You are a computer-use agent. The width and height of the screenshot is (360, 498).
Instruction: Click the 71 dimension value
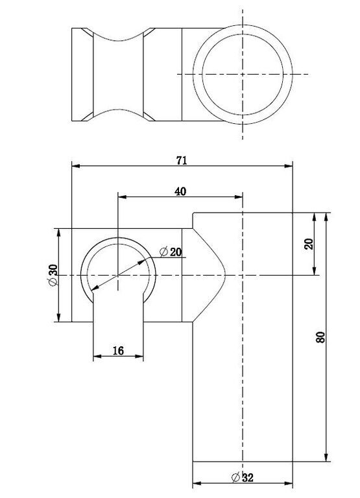182,161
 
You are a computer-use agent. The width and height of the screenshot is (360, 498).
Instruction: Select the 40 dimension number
180,191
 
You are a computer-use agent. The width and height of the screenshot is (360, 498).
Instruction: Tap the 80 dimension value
320,337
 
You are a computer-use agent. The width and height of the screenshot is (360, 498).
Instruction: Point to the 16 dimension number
118,351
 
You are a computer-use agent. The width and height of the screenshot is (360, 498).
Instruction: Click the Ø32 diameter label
243,477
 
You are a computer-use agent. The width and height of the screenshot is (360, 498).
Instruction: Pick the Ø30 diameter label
53,275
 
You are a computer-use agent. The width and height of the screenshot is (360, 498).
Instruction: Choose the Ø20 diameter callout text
171,252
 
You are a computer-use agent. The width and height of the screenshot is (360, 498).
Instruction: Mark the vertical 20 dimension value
309,244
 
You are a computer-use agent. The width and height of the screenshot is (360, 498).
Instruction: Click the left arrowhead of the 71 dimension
76,166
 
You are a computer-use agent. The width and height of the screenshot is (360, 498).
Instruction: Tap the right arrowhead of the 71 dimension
289,166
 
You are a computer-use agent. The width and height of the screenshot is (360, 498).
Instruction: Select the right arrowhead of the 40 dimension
239,197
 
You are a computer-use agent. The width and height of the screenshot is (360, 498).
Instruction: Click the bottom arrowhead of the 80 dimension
326,457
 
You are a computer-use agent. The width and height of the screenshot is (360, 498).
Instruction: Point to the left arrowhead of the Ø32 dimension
197,484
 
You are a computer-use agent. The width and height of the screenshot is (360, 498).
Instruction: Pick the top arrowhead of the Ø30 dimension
58,233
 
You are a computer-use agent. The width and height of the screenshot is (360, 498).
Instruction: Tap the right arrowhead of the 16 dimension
139,357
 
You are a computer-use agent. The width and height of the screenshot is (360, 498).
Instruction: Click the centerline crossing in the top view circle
243,75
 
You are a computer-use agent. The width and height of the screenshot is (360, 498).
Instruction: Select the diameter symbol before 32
235,477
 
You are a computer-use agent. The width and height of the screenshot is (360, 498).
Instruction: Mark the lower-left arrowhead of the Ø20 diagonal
95,287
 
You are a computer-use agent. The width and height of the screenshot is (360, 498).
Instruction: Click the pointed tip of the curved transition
225,275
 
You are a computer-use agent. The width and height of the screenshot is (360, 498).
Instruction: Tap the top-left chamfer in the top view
88,32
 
